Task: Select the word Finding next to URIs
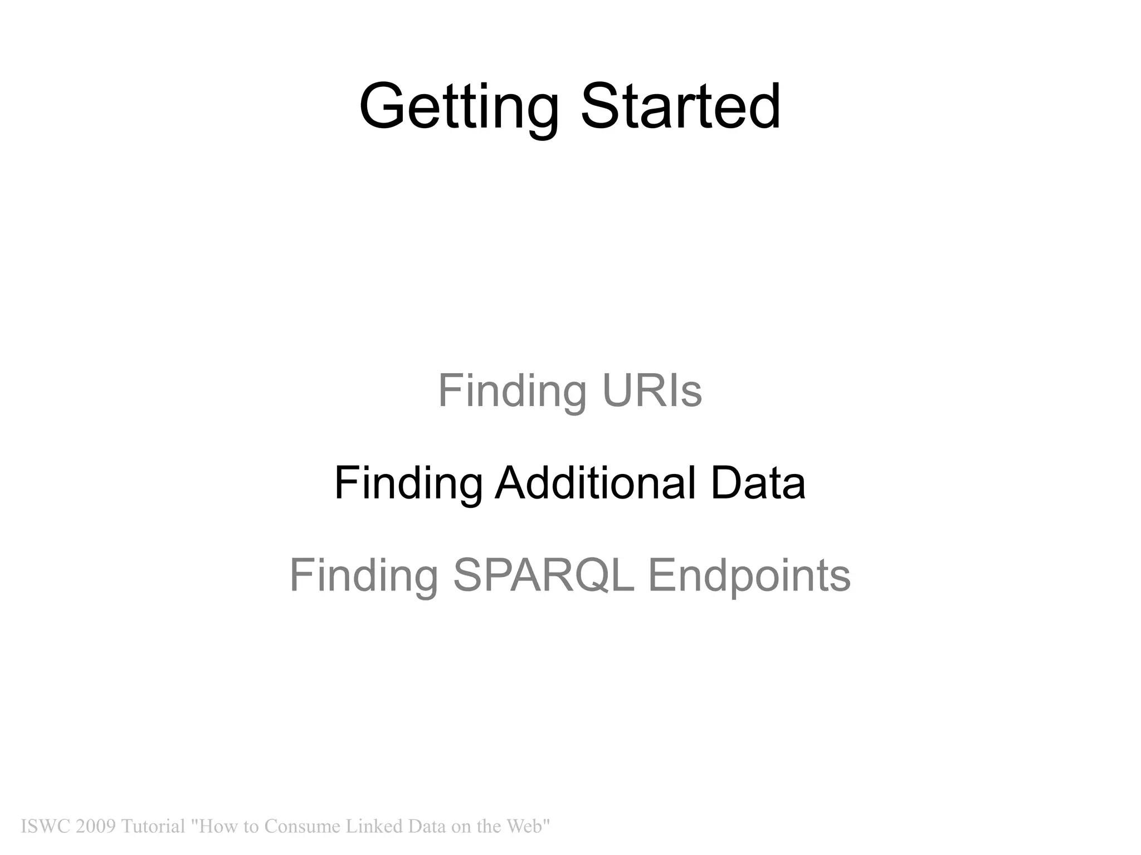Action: tap(512, 391)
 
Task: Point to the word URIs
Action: tap(652, 391)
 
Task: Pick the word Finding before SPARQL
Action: tap(364, 575)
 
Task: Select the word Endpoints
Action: tap(749, 575)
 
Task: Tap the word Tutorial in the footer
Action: tap(153, 826)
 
